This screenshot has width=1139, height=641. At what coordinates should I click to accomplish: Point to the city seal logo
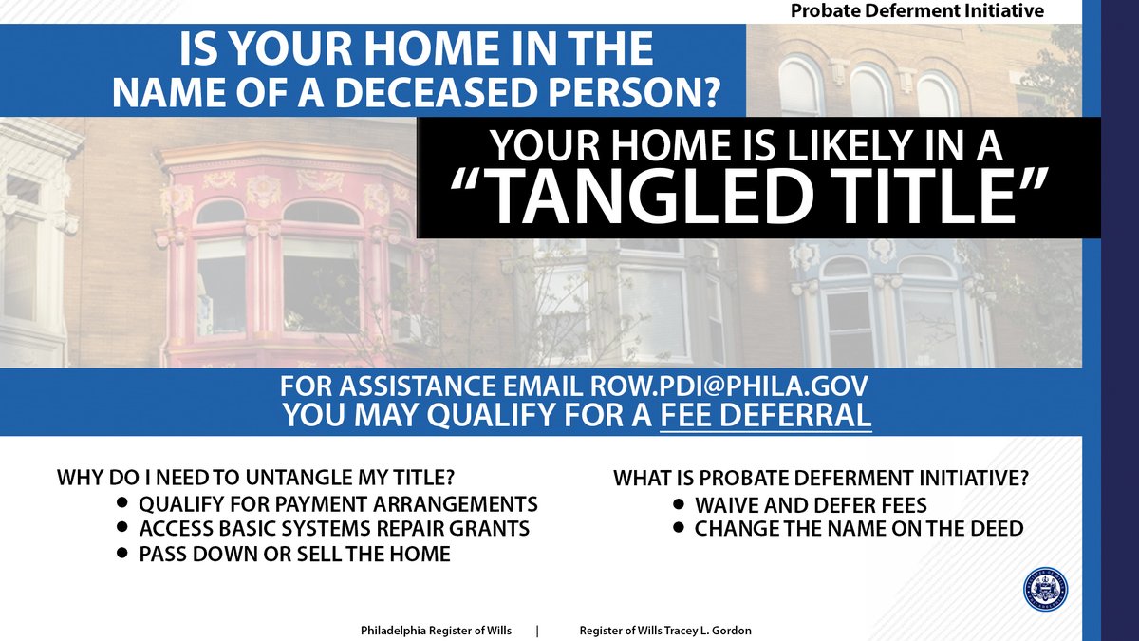tap(1045, 590)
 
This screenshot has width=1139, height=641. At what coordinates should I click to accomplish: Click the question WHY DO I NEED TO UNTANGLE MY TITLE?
tap(264, 476)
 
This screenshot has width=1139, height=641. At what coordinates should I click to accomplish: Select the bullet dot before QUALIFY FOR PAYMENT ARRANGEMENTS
tap(122, 502)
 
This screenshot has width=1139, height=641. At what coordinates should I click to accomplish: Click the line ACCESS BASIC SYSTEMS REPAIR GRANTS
tap(334, 528)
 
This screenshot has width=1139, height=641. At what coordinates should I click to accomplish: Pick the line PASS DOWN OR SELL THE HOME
tap(294, 554)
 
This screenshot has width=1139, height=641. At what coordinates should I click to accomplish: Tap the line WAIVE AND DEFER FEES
tap(811, 505)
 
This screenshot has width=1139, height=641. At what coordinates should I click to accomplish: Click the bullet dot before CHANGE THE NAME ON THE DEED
tap(679, 528)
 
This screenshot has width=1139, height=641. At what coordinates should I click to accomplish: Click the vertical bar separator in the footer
tap(537, 631)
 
